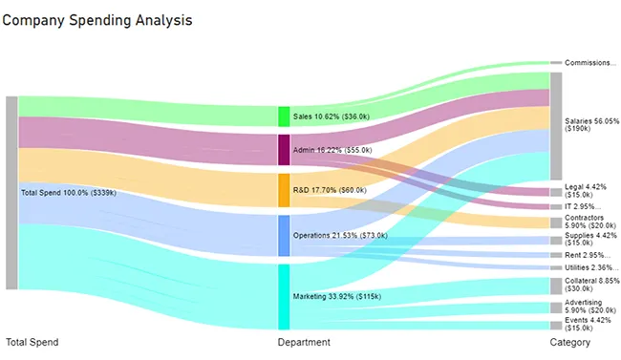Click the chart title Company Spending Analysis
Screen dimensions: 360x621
point(97,20)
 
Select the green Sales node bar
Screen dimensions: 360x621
point(284,116)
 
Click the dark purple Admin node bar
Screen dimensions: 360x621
point(284,150)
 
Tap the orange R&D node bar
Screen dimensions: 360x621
point(284,190)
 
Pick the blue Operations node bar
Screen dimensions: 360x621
point(284,235)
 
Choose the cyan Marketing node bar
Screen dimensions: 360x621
point(284,297)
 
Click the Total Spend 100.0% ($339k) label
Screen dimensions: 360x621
point(68,193)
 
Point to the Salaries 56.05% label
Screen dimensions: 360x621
point(591,126)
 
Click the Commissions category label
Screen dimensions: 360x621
point(590,63)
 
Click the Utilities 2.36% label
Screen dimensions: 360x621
point(590,268)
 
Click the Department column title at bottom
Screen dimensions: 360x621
point(304,342)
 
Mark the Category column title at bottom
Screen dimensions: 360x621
point(569,342)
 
